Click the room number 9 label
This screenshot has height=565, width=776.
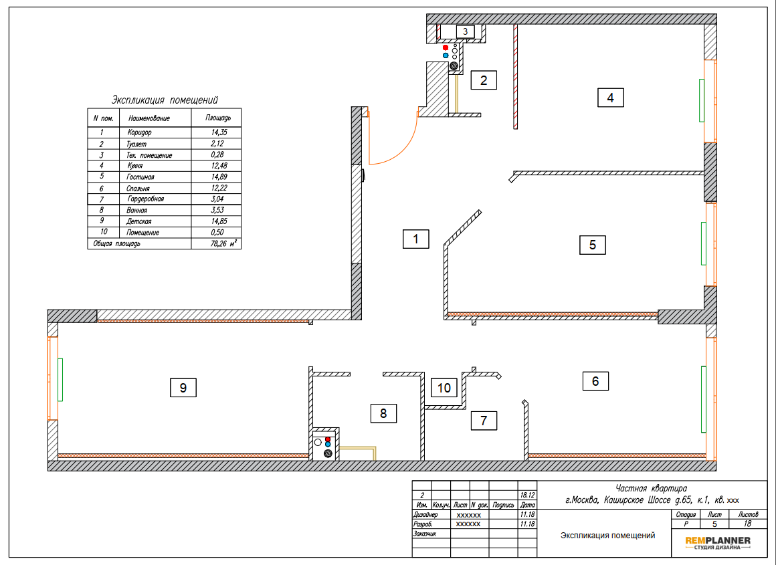(x=183, y=387)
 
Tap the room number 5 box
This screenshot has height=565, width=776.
(x=593, y=245)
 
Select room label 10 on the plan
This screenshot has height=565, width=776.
(x=444, y=387)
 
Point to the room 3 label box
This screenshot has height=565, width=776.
(x=465, y=31)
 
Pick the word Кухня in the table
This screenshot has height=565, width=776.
(x=134, y=166)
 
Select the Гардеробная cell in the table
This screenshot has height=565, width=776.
(x=146, y=199)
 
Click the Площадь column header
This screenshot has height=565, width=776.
(x=218, y=118)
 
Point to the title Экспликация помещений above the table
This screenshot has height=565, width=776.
(x=165, y=100)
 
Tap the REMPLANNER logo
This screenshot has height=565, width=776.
(x=718, y=542)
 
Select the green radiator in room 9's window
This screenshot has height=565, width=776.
(x=60, y=380)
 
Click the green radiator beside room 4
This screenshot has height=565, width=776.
(x=701, y=100)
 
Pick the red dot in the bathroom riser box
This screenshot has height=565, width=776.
(x=328, y=439)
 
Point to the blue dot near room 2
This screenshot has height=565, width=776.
(x=446, y=55)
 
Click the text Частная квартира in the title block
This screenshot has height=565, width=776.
(x=651, y=489)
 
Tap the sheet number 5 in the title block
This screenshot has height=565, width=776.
(x=714, y=524)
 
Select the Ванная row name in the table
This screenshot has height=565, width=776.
(x=136, y=210)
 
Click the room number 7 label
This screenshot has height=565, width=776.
(x=484, y=421)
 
